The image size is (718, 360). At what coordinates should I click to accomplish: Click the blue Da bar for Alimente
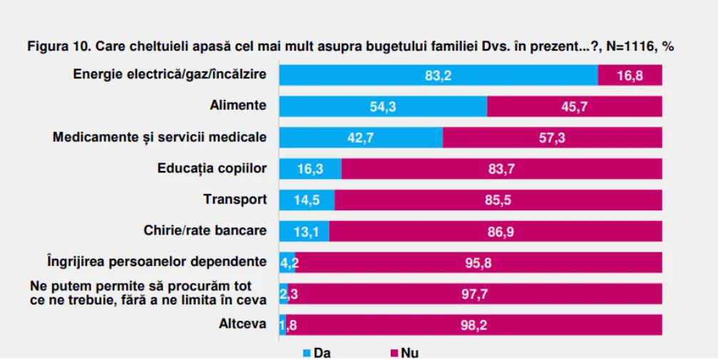(383, 106)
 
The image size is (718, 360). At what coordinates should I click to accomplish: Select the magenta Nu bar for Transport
(498, 200)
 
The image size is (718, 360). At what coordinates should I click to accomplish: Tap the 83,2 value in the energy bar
(438, 76)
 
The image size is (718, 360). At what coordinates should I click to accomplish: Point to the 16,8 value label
(630, 76)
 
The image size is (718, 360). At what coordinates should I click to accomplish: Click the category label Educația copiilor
(212, 168)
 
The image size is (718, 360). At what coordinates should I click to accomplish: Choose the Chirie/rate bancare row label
(205, 230)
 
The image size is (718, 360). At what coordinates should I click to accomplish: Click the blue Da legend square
(307, 353)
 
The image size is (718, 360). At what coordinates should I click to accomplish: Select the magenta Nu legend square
(394, 353)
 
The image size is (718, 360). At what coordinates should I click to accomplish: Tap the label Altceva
(242, 324)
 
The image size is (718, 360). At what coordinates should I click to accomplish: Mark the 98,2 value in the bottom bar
(473, 325)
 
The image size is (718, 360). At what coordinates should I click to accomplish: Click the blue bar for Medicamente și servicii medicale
(361, 138)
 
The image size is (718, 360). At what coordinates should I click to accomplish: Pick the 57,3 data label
(552, 138)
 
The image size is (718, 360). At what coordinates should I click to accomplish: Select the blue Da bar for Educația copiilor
(310, 168)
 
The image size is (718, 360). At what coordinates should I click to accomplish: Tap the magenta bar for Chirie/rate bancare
(496, 231)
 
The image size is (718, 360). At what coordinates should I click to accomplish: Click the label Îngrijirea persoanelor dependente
(157, 262)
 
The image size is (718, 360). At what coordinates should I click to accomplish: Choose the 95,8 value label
(478, 263)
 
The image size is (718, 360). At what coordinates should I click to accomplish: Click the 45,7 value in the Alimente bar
(574, 107)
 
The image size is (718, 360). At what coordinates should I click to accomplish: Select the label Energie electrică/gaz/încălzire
(170, 74)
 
